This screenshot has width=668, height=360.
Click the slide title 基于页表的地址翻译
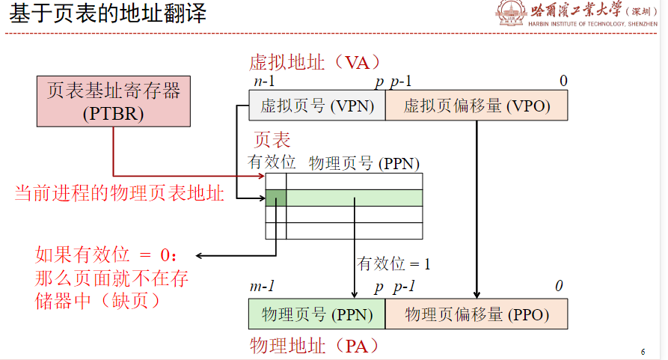[x=108, y=14]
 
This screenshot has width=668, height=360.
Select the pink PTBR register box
[x=114, y=102]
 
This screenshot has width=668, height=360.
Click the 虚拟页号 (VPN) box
[x=317, y=106]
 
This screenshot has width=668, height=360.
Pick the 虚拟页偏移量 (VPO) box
[x=477, y=106]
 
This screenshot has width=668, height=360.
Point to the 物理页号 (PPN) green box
[x=317, y=314]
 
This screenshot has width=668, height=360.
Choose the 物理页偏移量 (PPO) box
[x=477, y=314]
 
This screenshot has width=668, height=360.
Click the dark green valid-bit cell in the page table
[x=276, y=198]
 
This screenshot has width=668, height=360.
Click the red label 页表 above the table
[x=272, y=140]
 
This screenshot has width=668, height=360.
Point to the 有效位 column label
[x=272, y=162]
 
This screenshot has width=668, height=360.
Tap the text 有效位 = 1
[x=394, y=263]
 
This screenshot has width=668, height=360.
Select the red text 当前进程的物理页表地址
[x=120, y=194]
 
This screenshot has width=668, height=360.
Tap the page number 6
[x=643, y=352]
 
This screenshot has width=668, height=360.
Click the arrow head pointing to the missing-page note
[x=200, y=255]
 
